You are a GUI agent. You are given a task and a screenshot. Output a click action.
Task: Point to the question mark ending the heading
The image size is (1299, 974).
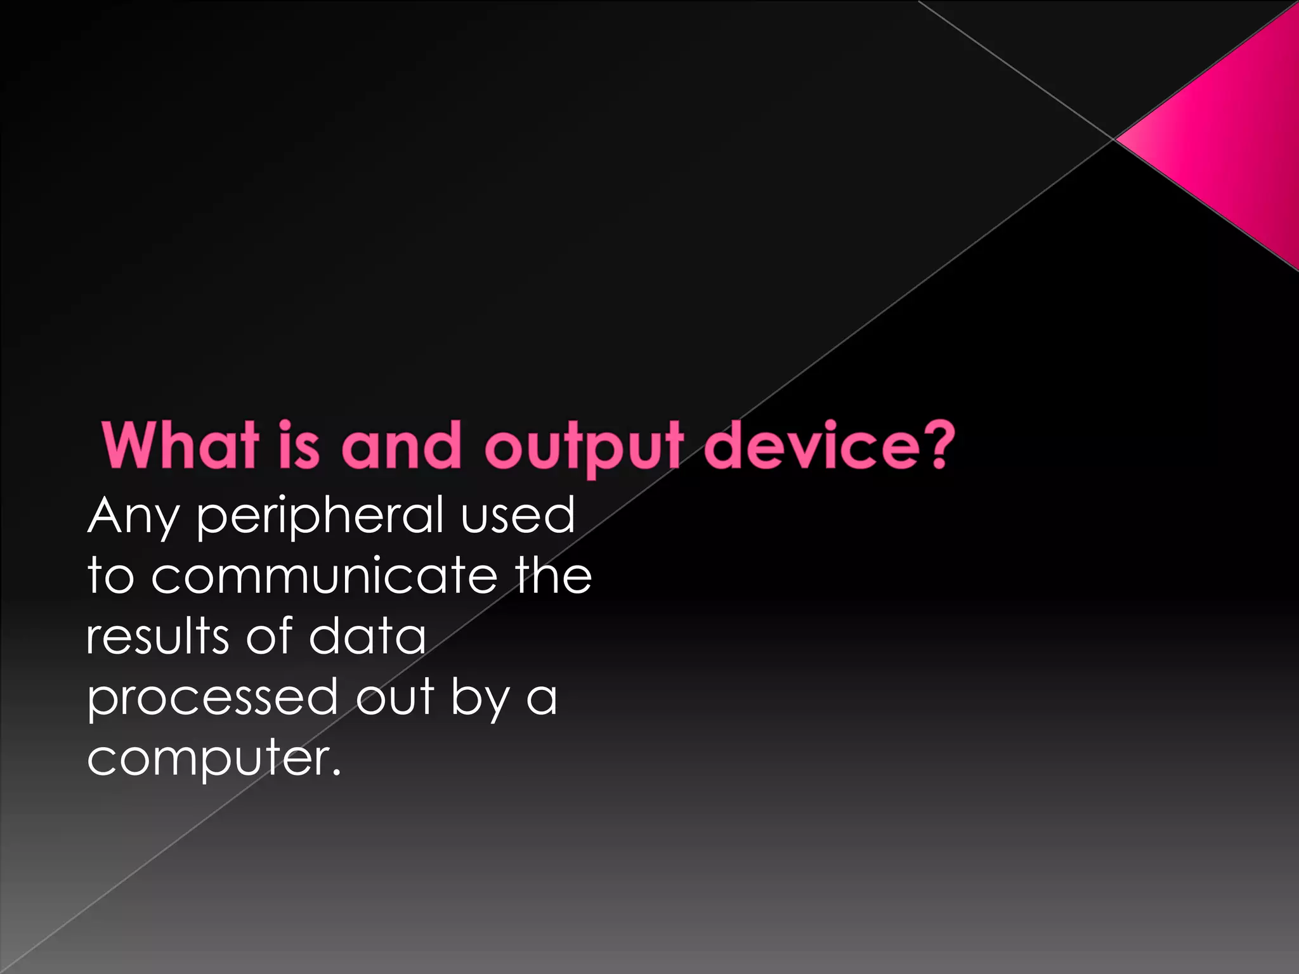pos(936,444)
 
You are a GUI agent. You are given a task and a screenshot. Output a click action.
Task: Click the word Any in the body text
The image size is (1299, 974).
pos(134,517)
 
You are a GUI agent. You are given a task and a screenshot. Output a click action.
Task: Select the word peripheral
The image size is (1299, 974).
pos(320,517)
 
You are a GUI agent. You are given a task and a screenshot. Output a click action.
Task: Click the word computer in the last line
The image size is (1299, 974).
pos(206,758)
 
